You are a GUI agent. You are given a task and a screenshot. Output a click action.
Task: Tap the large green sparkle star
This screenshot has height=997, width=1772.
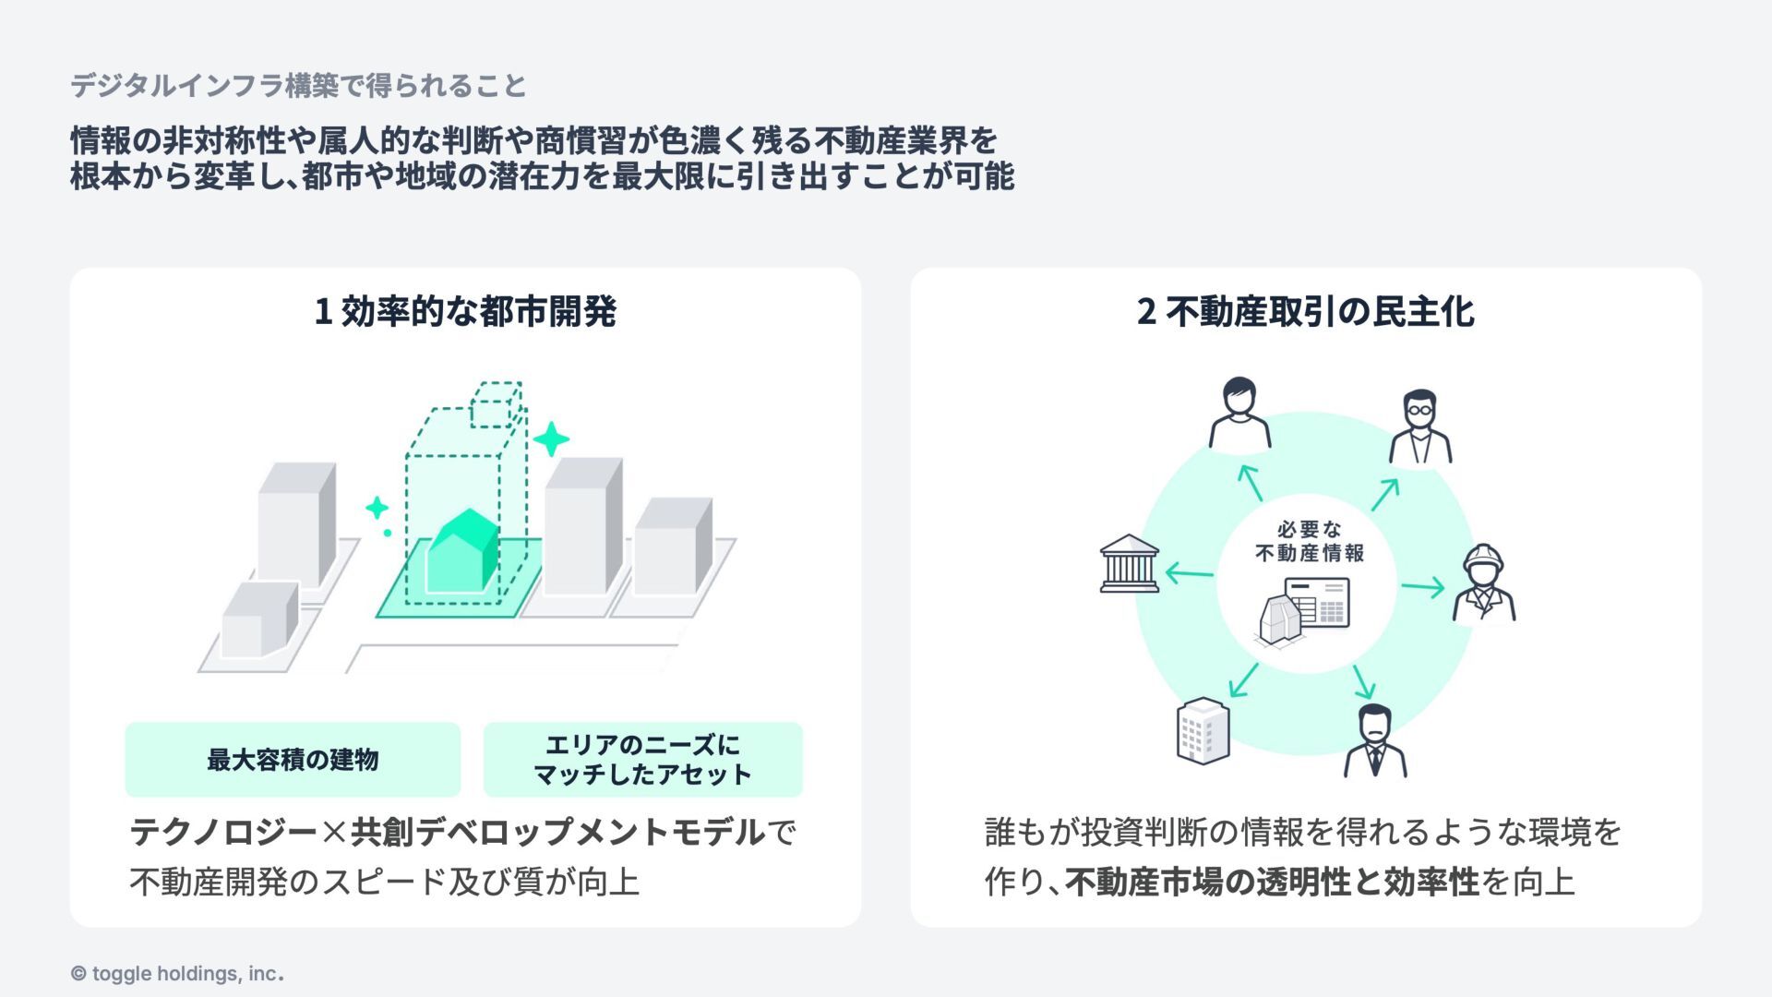tap(551, 439)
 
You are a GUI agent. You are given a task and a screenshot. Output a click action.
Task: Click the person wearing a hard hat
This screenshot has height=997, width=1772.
tap(1483, 583)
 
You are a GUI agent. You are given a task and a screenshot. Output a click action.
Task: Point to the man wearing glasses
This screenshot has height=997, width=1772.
tap(1419, 426)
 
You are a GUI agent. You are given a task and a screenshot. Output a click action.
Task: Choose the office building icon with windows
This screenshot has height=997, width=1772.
tap(1203, 730)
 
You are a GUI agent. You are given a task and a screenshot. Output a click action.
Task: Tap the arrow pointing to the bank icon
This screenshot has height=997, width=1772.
tap(1189, 574)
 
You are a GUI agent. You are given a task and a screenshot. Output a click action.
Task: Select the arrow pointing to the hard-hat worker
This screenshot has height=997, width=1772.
tap(1422, 586)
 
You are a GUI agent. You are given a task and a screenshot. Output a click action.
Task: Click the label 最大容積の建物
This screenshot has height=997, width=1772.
tap(293, 760)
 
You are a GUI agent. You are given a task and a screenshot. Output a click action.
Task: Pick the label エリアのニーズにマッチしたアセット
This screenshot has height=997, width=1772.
tap(642, 760)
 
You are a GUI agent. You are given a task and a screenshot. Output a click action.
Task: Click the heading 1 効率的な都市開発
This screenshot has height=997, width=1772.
tap(465, 312)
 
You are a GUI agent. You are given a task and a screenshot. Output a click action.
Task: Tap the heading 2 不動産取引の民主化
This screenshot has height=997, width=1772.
tap(1305, 312)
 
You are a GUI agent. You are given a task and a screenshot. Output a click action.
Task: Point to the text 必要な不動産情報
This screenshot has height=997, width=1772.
tap(1309, 542)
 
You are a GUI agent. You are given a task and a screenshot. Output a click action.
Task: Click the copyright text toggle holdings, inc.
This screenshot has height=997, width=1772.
tap(177, 974)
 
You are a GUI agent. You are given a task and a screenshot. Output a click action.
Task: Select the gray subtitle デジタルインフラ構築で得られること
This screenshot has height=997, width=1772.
tap(298, 86)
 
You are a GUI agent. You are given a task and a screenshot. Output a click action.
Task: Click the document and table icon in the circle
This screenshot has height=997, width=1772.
tap(1305, 609)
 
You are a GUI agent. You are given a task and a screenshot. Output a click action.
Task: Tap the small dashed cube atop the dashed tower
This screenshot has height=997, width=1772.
tap(496, 404)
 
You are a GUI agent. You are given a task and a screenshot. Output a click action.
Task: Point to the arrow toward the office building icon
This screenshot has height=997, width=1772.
tap(1243, 679)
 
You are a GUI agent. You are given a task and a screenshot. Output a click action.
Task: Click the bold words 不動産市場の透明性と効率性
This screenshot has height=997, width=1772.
tap(1272, 883)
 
